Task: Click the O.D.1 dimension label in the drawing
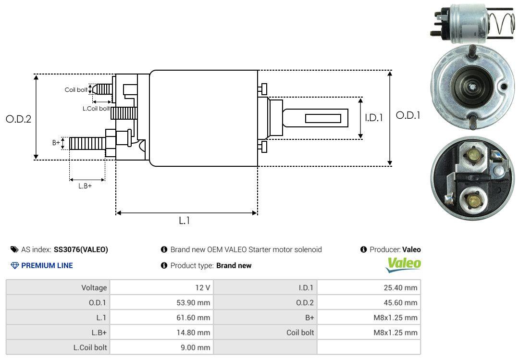pyautogui.click(x=408, y=115)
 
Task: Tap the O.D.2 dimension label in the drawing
pyautogui.click(x=18, y=119)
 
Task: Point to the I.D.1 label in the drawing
pyautogui.click(x=373, y=117)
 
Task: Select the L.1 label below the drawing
pyautogui.click(x=185, y=221)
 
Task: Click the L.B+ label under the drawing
pyautogui.click(x=85, y=186)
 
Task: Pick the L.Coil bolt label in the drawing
pyautogui.click(x=96, y=109)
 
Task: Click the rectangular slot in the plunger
pyautogui.click(x=323, y=118)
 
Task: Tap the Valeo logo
pyautogui.click(x=404, y=264)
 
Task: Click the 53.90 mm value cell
pyautogui.click(x=193, y=303)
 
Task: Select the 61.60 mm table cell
pyautogui.click(x=193, y=318)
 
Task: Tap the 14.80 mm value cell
pyautogui.click(x=193, y=332)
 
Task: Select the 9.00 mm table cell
pyautogui.click(x=196, y=347)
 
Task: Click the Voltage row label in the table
pyautogui.click(x=94, y=288)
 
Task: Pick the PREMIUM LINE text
pyautogui.click(x=47, y=265)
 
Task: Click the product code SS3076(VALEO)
pyautogui.click(x=81, y=249)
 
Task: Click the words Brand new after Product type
pyautogui.click(x=234, y=265)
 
